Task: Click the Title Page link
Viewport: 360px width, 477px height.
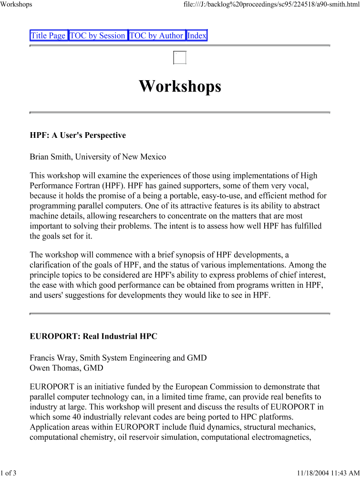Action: click(48, 35)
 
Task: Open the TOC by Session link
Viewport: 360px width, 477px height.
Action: click(98, 35)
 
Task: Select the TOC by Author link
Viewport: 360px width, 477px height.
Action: click(156, 35)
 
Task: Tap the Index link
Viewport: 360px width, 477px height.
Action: click(197, 35)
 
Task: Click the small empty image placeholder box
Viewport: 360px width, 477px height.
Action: click(180, 57)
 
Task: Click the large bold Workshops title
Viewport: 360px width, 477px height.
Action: click(180, 86)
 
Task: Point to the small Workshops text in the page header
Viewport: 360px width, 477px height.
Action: click(16, 4)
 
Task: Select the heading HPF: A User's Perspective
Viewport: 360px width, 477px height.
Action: click(78, 135)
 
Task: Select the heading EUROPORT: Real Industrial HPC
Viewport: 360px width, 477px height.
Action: click(93, 336)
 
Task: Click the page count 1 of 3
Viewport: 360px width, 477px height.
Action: click(9, 473)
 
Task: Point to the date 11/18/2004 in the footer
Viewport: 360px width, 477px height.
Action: click(313, 473)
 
